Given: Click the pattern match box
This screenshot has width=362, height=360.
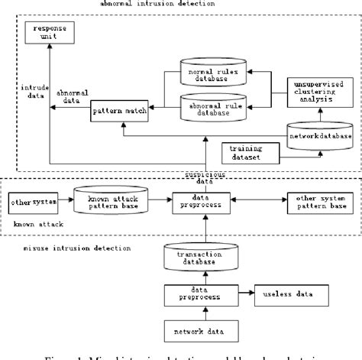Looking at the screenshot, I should point(118,112).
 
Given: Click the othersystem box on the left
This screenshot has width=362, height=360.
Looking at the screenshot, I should point(29,203).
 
